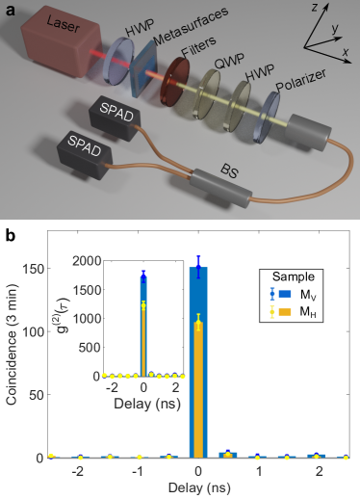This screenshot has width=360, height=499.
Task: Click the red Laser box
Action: (x=61, y=42)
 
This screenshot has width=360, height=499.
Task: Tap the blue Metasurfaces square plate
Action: (x=144, y=69)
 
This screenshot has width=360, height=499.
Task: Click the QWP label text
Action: (x=229, y=61)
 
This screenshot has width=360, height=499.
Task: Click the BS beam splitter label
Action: (x=230, y=171)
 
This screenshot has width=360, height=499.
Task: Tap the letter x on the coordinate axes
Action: (x=346, y=51)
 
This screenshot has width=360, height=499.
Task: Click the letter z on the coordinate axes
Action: (x=315, y=7)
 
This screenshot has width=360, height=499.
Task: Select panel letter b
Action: (x=11, y=237)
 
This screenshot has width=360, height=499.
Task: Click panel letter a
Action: (x=11, y=11)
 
